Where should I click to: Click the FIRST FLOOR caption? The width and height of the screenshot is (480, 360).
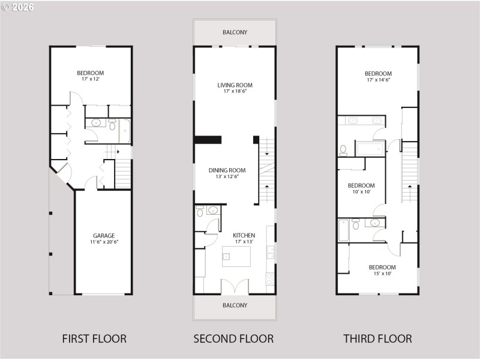coord(94,339)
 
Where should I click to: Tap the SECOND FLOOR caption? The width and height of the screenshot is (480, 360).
coord(233,339)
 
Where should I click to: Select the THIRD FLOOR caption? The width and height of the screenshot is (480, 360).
coord(377,339)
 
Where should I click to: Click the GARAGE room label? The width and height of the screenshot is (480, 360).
coord(104,236)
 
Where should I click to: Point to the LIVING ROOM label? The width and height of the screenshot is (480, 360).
coord(235,85)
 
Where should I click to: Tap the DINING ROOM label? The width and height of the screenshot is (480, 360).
coord(227,170)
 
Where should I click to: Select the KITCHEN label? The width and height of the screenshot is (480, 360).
coord(244,235)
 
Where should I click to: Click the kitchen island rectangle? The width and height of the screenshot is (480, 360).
coord(236,256)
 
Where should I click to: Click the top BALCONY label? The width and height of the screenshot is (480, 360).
coord(235,32)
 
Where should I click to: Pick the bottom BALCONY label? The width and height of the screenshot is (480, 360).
coord(235,305)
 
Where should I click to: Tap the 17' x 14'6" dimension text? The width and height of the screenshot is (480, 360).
coord(378,80)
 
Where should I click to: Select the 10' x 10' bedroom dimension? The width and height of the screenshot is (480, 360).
coord(361,192)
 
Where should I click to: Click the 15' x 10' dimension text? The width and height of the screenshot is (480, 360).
coord(382,274)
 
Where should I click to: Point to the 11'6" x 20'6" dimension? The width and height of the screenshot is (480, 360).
coord(104,242)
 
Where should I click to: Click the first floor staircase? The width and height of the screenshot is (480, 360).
coord(122,174)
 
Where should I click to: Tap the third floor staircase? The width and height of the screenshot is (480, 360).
coord(409,171)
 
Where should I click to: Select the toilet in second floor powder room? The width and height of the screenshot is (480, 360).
coord(200,211)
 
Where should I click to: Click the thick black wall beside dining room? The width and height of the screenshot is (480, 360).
coord(208,140)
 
